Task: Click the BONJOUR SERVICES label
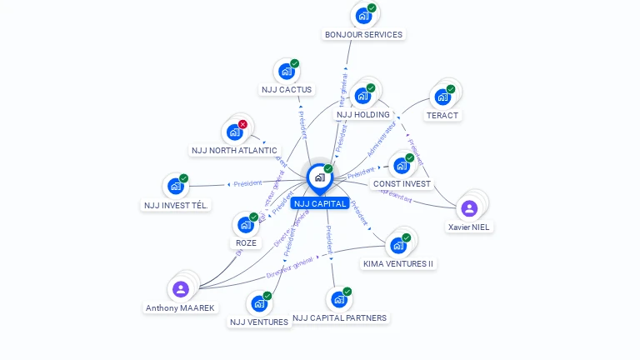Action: click(x=363, y=35)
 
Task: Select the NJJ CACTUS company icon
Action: click(x=287, y=72)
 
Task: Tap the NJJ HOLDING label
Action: click(x=362, y=114)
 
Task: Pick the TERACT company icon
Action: click(x=442, y=97)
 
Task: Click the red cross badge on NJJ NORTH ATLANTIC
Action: click(x=242, y=124)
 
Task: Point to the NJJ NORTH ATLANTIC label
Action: click(x=234, y=151)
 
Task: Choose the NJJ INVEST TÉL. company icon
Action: click(x=176, y=186)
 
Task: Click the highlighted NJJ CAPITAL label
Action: click(x=320, y=203)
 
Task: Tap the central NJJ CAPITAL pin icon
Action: click(x=319, y=177)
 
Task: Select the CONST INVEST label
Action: click(x=402, y=183)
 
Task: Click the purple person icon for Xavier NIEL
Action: click(x=469, y=208)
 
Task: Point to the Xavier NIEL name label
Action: click(x=469, y=227)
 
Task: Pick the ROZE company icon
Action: click(x=245, y=224)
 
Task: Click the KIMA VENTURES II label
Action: click(x=398, y=263)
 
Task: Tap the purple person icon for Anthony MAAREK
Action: click(x=180, y=289)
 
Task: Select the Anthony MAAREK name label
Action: click(x=180, y=307)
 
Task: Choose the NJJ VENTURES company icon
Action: click(x=258, y=303)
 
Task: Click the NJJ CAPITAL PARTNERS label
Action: click(x=339, y=317)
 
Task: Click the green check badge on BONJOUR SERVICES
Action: click(x=372, y=8)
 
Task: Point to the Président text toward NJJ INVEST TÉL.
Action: click(x=247, y=184)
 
